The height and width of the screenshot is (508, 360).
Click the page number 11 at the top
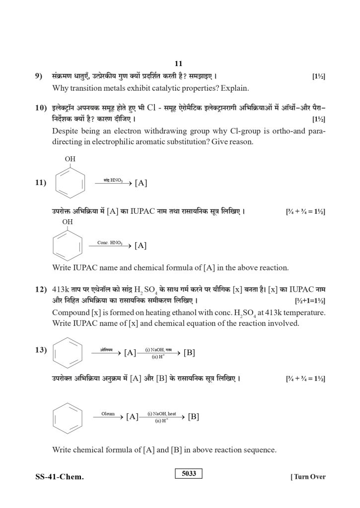click(179, 63)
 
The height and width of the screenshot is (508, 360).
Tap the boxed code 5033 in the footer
click(189, 474)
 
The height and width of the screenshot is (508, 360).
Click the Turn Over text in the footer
click(308, 477)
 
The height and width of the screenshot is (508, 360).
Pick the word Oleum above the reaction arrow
click(108, 413)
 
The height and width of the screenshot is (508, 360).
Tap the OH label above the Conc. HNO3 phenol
click(68, 222)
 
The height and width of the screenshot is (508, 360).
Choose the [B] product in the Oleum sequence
click(193, 417)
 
